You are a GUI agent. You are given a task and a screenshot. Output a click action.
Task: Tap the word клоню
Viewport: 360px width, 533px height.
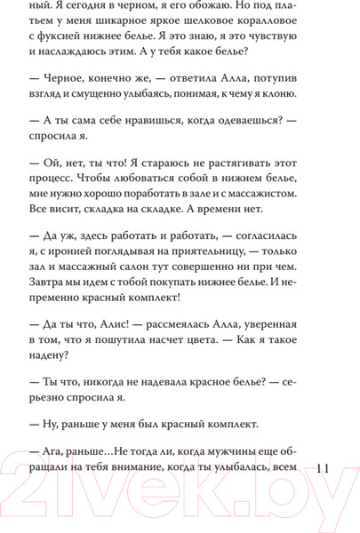pyautogui.click(x=284, y=120)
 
